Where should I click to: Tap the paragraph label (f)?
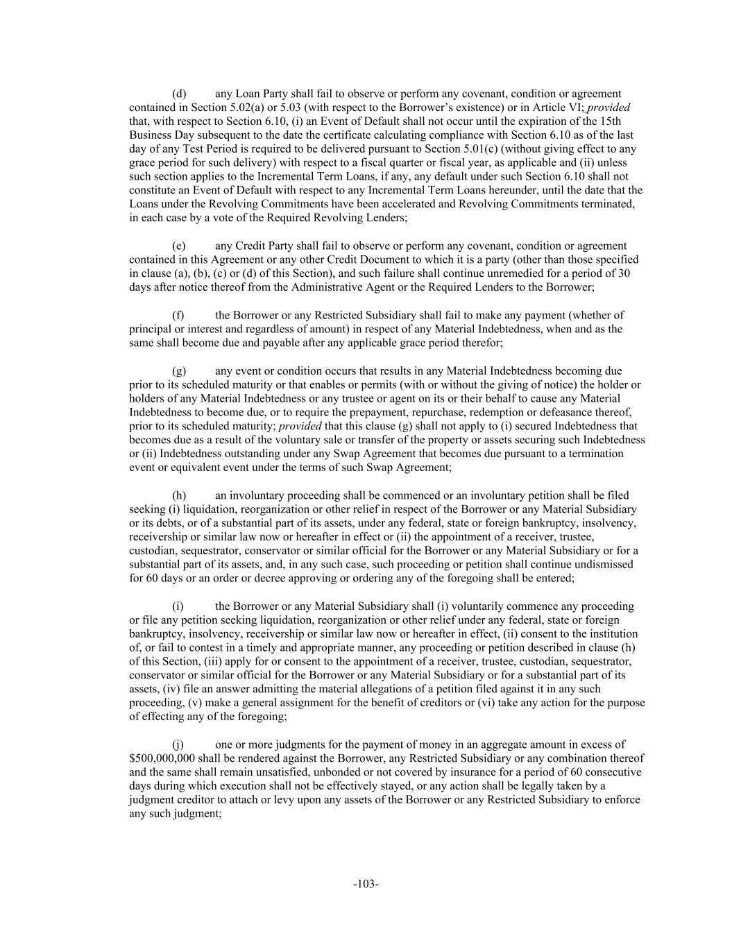pos(178,315)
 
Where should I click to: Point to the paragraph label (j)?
pos(178,744)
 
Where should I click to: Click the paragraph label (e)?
pos(178,246)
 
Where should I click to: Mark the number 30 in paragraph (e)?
pos(624,273)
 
